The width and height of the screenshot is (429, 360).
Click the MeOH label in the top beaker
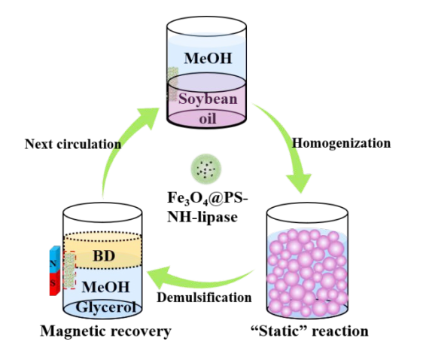click(208, 58)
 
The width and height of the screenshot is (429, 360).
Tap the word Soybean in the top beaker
click(208, 99)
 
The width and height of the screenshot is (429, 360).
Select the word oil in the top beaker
click(208, 119)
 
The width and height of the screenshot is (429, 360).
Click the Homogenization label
click(342, 143)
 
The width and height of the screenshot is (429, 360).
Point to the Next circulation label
click(73, 144)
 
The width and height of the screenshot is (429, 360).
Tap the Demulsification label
click(204, 297)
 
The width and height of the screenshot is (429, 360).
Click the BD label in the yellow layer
click(104, 256)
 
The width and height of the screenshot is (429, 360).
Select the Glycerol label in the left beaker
click(105, 307)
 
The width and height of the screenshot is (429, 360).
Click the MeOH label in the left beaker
click(105, 287)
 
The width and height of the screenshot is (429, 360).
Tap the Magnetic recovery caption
click(105, 331)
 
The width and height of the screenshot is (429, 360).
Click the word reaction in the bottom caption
click(340, 331)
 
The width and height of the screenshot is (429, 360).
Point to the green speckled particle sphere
click(206, 169)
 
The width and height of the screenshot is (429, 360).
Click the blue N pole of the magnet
click(54, 260)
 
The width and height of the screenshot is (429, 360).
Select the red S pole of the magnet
click(54, 283)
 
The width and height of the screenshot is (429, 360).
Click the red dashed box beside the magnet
click(69, 270)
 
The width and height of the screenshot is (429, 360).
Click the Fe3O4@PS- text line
click(208, 198)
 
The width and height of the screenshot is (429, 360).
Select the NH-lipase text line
click(202, 218)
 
